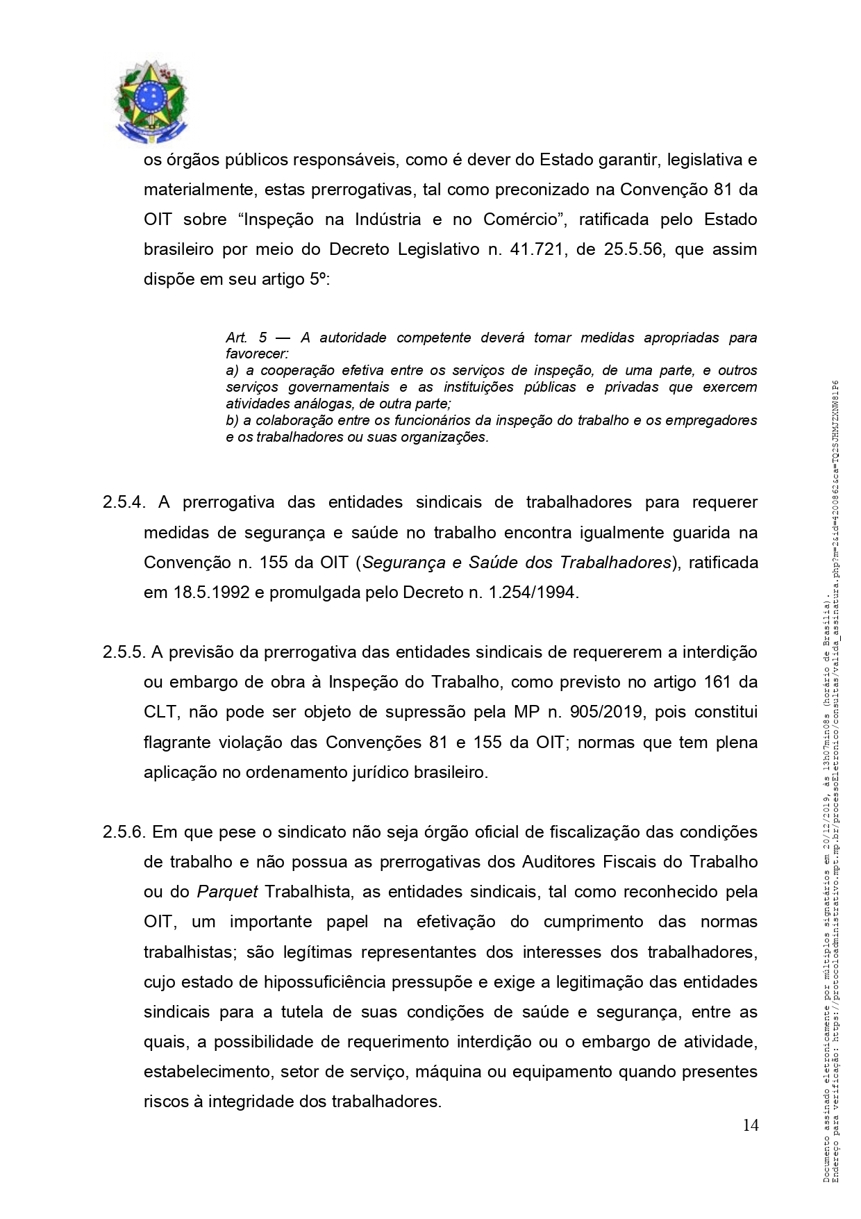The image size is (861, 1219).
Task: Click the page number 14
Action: (750, 1125)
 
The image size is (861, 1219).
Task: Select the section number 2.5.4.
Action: (124, 502)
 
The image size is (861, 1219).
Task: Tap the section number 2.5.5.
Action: (124, 652)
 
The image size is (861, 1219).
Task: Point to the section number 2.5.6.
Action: (124, 832)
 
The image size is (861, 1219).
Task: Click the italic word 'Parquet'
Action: (228, 892)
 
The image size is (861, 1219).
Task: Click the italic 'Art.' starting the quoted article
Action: (236, 338)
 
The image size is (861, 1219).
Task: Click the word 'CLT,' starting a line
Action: (160, 713)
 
